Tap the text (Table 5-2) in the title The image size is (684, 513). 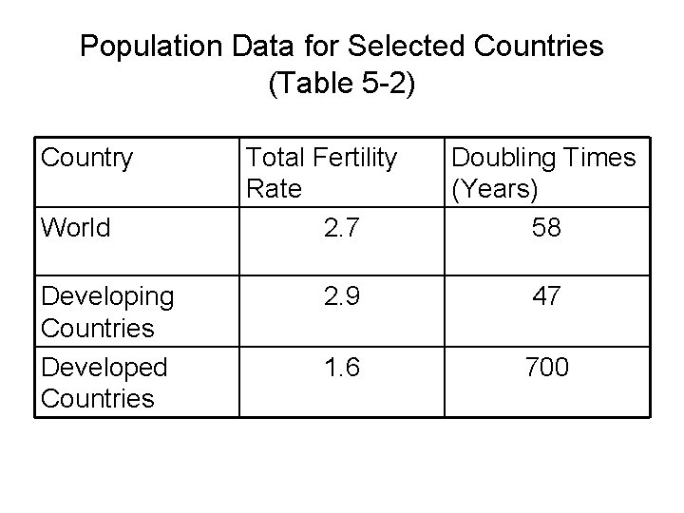pos(341,85)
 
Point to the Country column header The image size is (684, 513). pos(86,157)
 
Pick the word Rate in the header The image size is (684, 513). pos(274,189)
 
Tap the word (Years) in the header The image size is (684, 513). pos(495,189)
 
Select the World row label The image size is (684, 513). pos(75,227)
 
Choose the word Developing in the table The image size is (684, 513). pos(107,296)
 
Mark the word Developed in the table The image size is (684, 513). pos(104,366)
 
